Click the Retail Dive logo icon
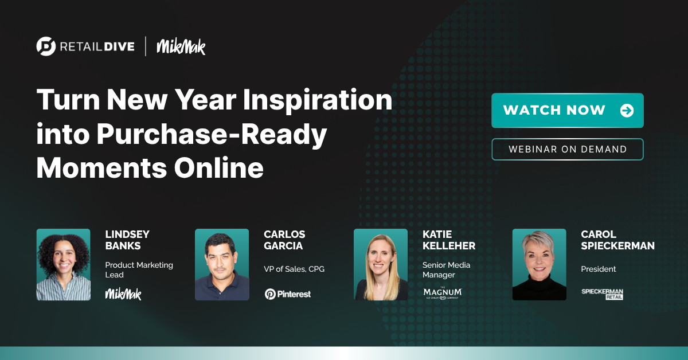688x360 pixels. pyautogui.click(x=46, y=46)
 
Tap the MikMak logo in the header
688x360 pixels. pyautogui.click(x=181, y=46)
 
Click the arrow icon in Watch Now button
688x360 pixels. pyautogui.click(x=627, y=111)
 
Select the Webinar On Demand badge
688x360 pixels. pyautogui.click(x=567, y=149)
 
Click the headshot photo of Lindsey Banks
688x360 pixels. pyautogui.click(x=63, y=264)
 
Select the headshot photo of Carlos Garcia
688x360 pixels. pyautogui.click(x=222, y=264)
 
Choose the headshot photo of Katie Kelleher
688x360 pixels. pyautogui.click(x=381, y=264)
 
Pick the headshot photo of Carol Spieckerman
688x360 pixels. pyautogui.click(x=539, y=264)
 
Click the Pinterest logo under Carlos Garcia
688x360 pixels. pyautogui.click(x=287, y=294)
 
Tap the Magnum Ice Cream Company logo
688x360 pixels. pyautogui.click(x=442, y=293)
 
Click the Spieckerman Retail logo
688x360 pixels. pyautogui.click(x=602, y=294)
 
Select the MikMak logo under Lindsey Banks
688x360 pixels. pyautogui.click(x=123, y=294)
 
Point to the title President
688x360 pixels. pyautogui.click(x=599, y=269)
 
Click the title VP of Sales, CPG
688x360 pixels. pyautogui.click(x=294, y=269)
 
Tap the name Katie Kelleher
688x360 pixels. pyautogui.click(x=448, y=240)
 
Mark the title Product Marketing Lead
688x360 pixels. pyautogui.click(x=139, y=269)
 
